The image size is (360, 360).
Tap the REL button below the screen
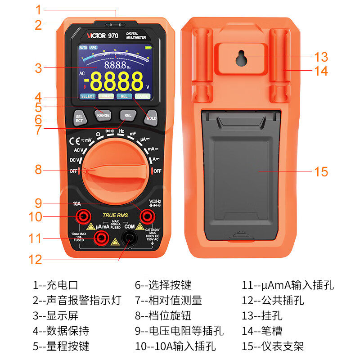128,116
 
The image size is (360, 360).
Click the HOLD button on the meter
151,118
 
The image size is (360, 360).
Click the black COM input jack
130,238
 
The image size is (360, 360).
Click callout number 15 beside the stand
321,172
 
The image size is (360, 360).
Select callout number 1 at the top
38,9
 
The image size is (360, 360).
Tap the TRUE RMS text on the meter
116,216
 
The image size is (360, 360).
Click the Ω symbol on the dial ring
98,134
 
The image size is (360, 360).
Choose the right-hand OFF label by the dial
157,171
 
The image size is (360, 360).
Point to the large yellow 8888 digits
116,82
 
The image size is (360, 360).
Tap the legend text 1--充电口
55,285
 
